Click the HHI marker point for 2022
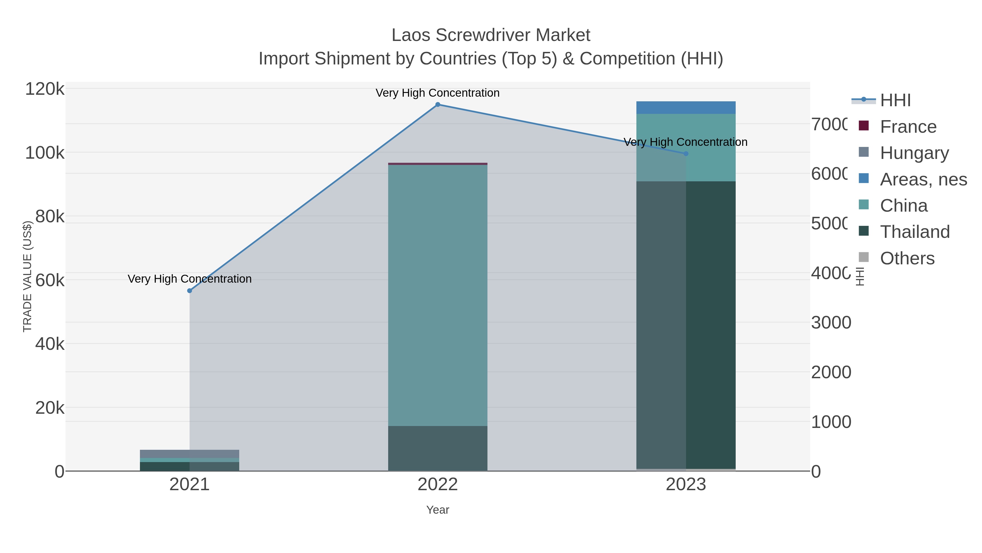438,105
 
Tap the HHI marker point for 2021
190,291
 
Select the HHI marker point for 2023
686,154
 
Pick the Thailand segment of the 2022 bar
438,448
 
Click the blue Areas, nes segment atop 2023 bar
686,108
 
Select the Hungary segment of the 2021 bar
190,454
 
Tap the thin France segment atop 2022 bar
438,164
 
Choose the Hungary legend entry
914,153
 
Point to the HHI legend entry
895,100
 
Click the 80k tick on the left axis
50,217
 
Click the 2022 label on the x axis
438,485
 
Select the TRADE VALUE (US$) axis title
28,277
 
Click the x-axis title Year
438,510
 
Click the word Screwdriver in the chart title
484,36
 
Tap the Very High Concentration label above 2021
190,279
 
